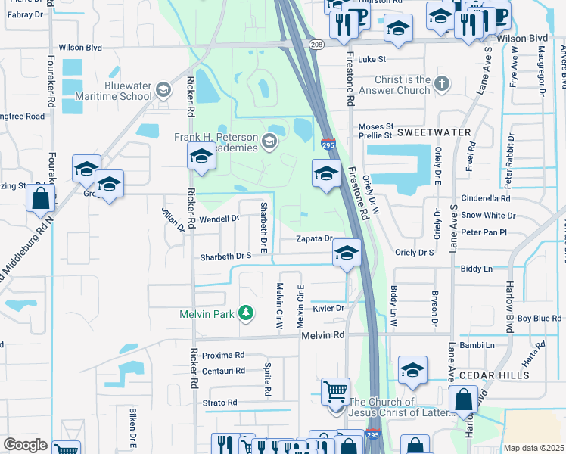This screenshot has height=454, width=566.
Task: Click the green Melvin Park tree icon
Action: point(245,313)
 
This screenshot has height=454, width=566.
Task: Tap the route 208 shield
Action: point(316,45)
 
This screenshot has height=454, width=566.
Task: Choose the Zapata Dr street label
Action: point(314,238)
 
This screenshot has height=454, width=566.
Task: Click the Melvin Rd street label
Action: point(322,335)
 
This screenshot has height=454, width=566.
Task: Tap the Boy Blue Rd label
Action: point(540,318)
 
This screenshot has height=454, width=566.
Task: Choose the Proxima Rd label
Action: point(223,354)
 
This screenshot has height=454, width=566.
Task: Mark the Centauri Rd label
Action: point(223,371)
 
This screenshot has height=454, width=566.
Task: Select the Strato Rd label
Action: point(220,403)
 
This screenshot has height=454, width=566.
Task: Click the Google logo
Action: point(25,445)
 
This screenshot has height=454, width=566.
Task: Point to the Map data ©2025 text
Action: point(533,448)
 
